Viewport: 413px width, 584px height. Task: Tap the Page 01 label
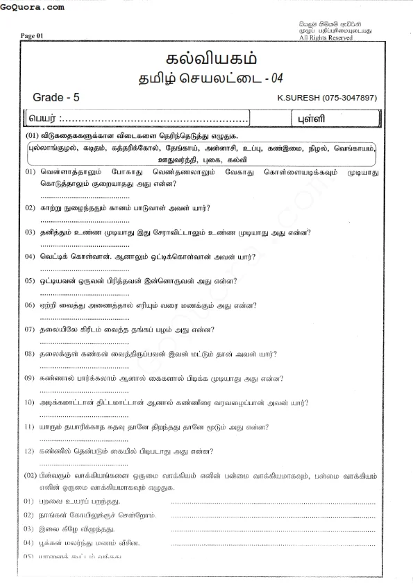[32, 36]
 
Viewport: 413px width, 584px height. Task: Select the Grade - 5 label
[56, 98]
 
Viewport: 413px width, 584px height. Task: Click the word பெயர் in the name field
[44, 118]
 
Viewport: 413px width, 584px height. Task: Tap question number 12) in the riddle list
[29, 452]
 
